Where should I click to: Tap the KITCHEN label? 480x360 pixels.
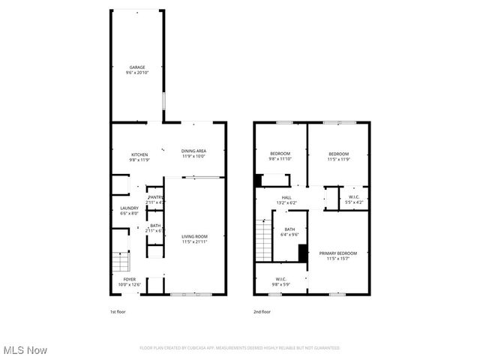(139, 154)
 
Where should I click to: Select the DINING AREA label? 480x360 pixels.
(193, 151)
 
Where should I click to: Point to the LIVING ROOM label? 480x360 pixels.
(193, 238)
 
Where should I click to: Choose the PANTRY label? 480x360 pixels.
(155, 197)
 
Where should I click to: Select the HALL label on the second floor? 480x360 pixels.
(286, 197)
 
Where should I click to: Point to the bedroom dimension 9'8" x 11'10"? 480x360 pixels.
(280, 159)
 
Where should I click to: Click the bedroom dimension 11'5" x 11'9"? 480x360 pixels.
(339, 159)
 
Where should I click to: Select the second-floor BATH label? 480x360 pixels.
(289, 229)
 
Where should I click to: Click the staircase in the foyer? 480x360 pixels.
(121, 262)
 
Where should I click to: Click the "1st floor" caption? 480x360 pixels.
(118, 312)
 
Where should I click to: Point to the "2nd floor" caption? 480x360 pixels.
(262, 312)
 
